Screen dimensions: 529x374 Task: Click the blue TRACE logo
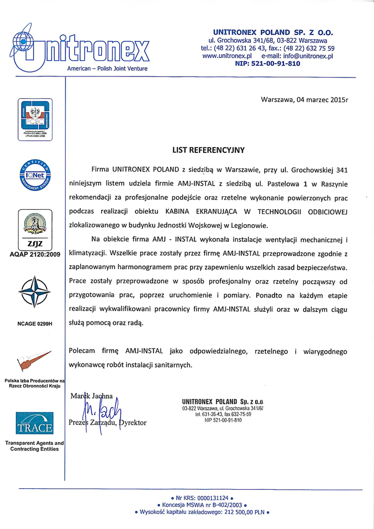tap(33, 423)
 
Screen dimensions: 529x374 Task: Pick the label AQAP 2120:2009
tap(32, 254)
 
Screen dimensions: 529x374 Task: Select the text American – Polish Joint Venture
tap(108, 68)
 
